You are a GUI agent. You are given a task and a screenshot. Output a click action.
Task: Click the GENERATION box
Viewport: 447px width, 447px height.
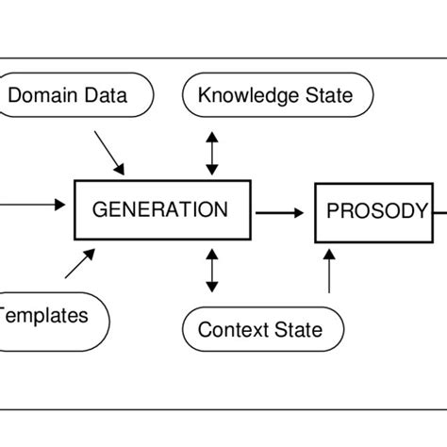coord(162,209)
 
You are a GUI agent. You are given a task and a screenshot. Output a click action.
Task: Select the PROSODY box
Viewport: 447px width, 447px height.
coord(375,211)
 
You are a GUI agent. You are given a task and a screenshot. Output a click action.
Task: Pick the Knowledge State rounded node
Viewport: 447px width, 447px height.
coord(274,94)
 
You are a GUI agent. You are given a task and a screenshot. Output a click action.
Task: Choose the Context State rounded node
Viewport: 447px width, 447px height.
coord(261,329)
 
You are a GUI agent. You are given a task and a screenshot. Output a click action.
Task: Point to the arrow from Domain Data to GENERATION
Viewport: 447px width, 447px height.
coord(109,151)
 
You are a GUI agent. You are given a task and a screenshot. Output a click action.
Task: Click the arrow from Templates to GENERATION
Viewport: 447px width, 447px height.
coord(80,263)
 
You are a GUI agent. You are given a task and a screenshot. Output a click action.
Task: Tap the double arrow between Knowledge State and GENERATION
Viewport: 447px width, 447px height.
coord(212,151)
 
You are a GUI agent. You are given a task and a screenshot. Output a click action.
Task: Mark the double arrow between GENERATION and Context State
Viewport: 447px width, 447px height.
coord(212,271)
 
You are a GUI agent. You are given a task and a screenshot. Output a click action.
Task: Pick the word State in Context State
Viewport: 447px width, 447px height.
coord(297,329)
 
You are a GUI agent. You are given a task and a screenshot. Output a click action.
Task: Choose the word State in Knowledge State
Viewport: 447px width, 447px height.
coord(326,95)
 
